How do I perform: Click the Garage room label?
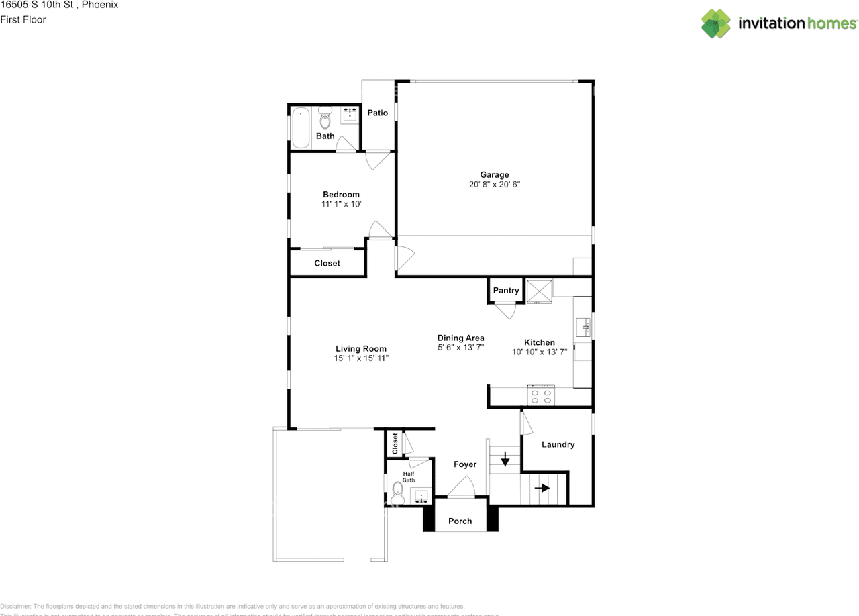(494, 174)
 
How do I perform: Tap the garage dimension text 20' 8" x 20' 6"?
(495, 184)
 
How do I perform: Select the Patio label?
(378, 113)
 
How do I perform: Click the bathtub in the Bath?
(301, 127)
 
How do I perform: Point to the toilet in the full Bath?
(325, 118)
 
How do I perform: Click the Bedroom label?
(341, 195)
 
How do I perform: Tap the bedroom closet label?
(327, 263)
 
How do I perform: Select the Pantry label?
(506, 290)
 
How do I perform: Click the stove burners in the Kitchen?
(540, 396)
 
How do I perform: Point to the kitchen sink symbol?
(583, 327)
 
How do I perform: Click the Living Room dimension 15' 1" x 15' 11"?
(361, 358)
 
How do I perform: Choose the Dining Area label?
(460, 338)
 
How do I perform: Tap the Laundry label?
(558, 444)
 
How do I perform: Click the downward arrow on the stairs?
(505, 460)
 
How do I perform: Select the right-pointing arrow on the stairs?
(542, 488)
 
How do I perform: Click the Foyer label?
(465, 464)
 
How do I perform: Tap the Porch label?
(460, 521)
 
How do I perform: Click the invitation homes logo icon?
(716, 23)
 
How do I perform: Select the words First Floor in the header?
(23, 19)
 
